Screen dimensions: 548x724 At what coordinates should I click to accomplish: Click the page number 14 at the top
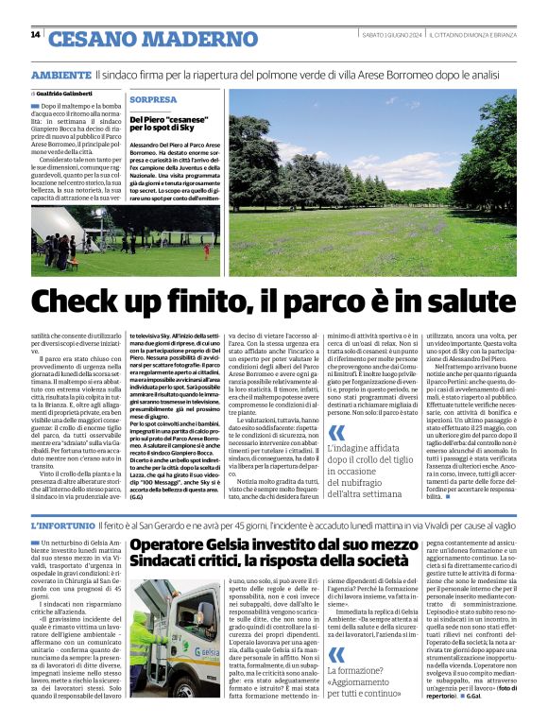(35, 35)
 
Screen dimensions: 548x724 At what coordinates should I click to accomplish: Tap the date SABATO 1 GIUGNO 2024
(390, 35)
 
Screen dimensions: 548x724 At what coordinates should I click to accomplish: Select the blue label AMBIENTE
(60, 74)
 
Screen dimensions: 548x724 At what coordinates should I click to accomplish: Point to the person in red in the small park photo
(208, 251)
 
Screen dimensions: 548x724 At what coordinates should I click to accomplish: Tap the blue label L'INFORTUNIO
(64, 526)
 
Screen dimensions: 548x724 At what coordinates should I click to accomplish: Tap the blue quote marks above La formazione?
(336, 654)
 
